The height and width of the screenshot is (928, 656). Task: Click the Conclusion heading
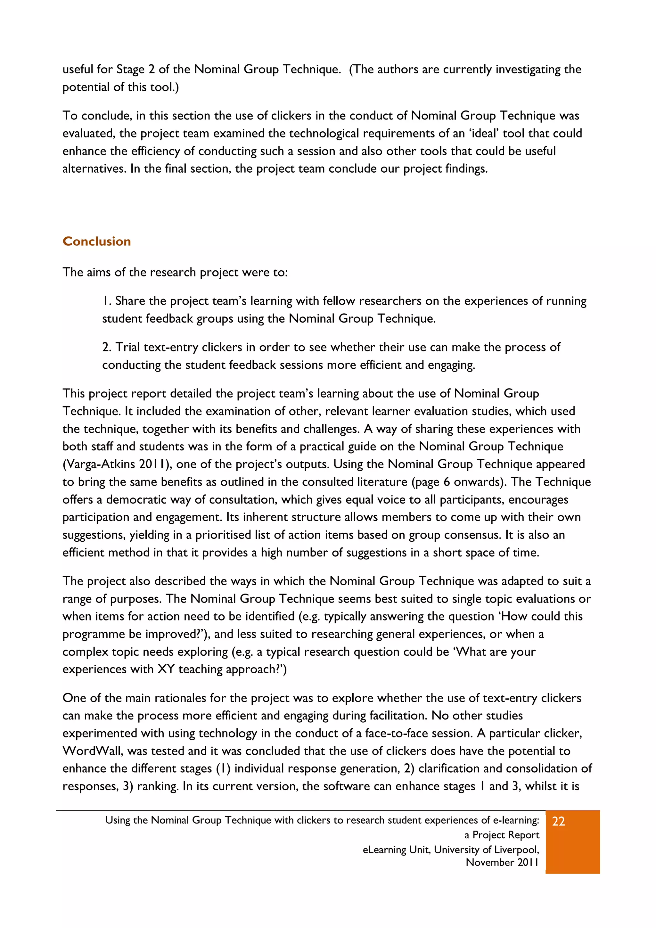click(x=97, y=241)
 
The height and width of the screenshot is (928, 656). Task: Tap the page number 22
click(x=558, y=821)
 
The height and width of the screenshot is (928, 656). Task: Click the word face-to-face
click(x=398, y=733)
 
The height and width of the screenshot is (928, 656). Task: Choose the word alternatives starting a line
click(x=94, y=168)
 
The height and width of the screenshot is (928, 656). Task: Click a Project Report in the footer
click(x=502, y=835)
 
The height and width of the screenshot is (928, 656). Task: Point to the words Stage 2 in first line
click(x=135, y=70)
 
